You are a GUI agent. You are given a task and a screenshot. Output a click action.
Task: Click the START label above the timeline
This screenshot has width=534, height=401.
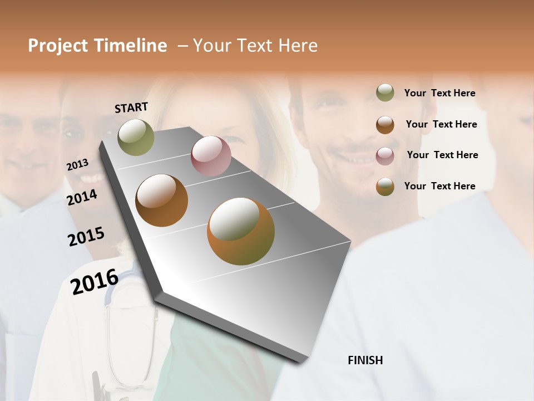tap(131, 107)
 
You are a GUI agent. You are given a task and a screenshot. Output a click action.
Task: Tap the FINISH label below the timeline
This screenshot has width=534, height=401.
tap(365, 360)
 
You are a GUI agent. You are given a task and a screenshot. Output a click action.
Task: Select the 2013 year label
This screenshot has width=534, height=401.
tap(77, 164)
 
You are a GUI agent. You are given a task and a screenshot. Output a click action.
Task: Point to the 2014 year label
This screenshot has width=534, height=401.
tap(82, 197)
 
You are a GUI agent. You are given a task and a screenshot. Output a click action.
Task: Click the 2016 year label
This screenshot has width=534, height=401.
tap(95, 281)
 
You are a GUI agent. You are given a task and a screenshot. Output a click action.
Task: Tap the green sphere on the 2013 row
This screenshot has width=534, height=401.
tap(136, 137)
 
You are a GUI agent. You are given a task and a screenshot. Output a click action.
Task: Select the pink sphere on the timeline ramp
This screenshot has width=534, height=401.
tap(211, 156)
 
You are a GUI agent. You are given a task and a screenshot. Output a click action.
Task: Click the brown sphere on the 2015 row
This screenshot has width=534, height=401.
tap(162, 200)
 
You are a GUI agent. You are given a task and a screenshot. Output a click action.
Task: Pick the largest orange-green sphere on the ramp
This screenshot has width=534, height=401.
tap(241, 231)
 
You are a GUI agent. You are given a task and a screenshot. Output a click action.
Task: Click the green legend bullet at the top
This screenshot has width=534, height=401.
tap(385, 92)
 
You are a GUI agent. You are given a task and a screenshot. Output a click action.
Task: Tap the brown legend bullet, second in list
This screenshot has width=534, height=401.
tap(385, 125)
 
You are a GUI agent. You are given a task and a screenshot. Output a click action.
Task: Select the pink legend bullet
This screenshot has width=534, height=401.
tap(385, 156)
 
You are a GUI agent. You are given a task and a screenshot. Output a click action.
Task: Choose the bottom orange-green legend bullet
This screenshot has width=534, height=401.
tap(385, 187)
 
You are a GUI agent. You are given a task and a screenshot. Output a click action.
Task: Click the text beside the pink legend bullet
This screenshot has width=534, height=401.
tap(442, 155)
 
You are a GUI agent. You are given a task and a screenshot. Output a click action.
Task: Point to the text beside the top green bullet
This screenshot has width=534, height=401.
tap(439, 93)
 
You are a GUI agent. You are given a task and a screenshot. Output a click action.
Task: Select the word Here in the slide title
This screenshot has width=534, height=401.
tap(297, 46)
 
